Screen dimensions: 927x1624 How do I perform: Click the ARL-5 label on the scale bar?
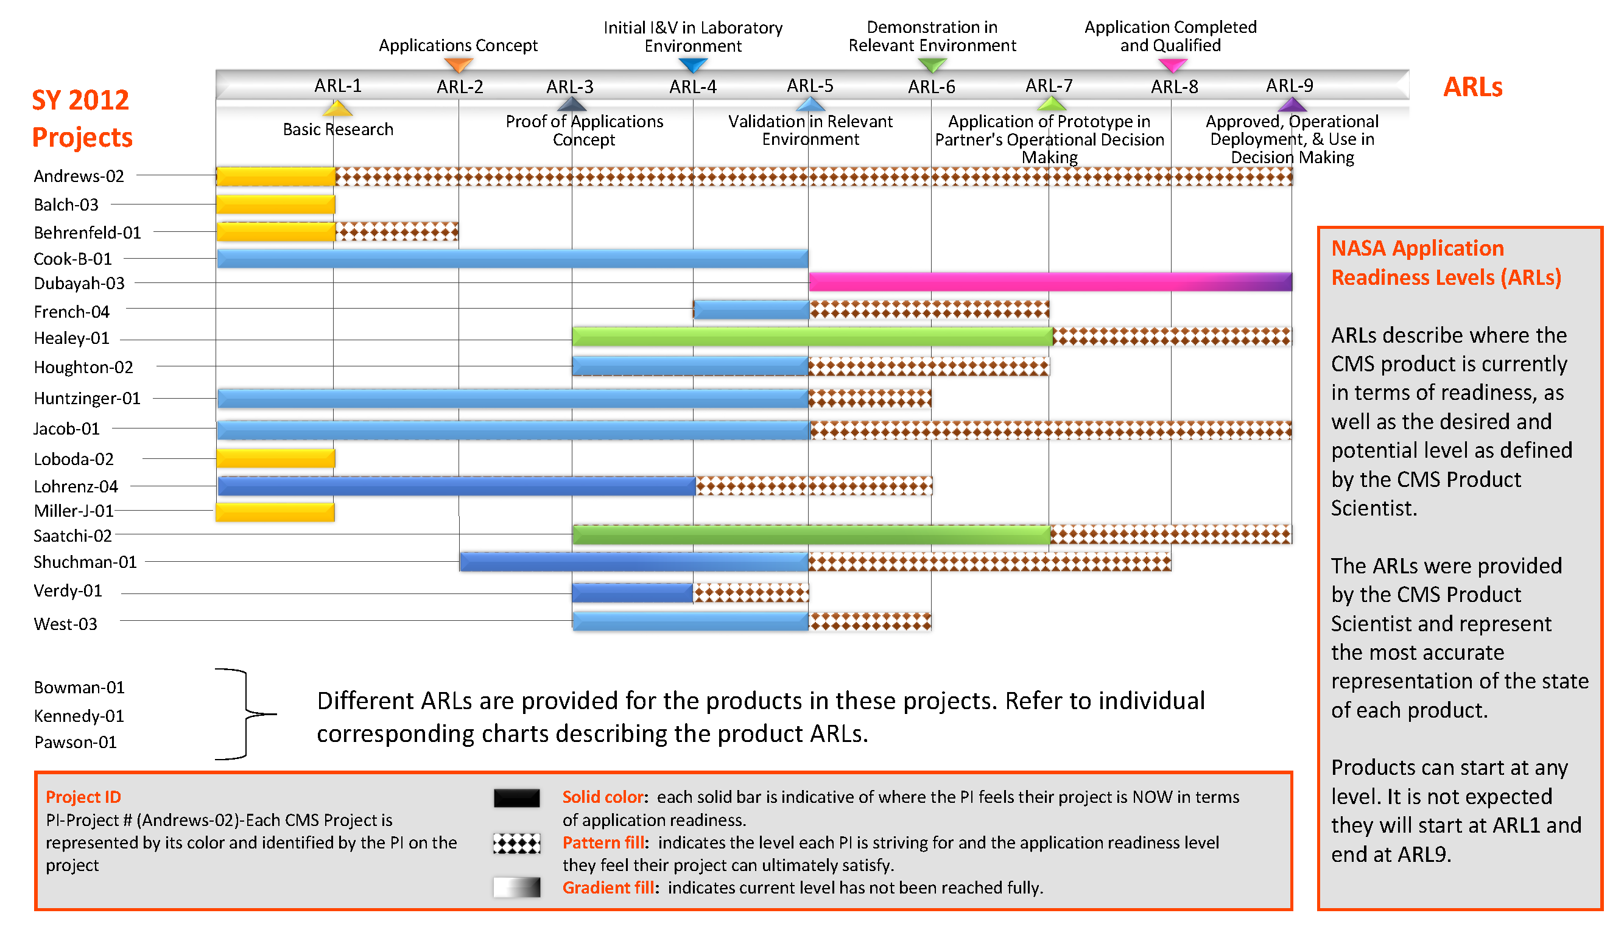tap(809, 85)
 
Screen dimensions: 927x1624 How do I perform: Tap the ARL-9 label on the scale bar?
tap(1289, 85)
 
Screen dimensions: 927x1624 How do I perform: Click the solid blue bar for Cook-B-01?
tap(512, 259)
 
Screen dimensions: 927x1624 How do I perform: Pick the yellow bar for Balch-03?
tap(275, 205)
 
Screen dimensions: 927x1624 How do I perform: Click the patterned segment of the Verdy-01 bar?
tap(750, 593)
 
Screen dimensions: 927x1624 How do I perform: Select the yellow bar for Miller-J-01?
tap(275, 512)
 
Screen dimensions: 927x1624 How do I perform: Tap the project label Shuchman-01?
tap(85, 562)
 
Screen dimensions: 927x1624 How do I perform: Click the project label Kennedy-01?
tap(79, 716)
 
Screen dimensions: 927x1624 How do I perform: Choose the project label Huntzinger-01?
tap(86, 399)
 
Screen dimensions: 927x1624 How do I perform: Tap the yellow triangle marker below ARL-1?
tap(337, 108)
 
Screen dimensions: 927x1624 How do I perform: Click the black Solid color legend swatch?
tap(516, 798)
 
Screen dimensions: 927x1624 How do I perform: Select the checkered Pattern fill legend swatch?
tap(516, 844)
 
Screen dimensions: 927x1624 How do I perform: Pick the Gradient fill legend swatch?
tap(516, 887)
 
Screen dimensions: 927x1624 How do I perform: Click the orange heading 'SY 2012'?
tap(80, 100)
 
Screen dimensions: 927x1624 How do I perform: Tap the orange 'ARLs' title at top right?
tap(1472, 86)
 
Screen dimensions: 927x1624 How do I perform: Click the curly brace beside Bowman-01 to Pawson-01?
tap(247, 714)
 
